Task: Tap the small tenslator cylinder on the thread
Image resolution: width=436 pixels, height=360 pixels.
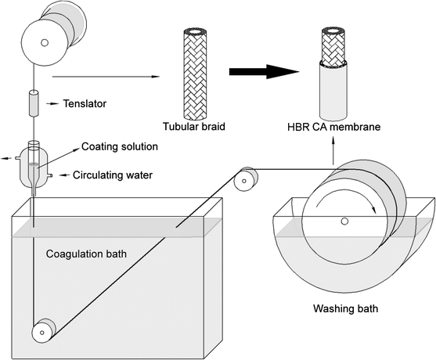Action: pyautogui.click(x=34, y=103)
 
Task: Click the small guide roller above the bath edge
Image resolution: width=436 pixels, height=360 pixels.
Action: pyautogui.click(x=247, y=179)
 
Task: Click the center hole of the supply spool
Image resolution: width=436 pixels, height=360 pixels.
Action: pyautogui.click(x=45, y=41)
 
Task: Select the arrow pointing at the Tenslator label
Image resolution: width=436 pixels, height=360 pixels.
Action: pyautogui.click(x=56, y=103)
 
